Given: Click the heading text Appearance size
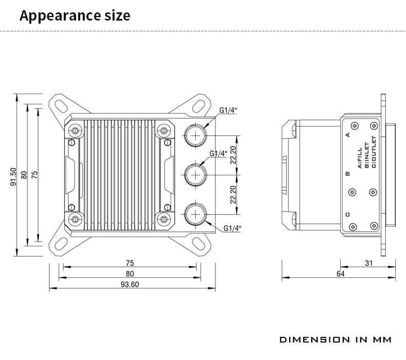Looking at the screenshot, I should point(75,15).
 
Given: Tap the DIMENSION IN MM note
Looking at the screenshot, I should point(336,340).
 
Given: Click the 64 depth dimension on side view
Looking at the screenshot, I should point(340,274).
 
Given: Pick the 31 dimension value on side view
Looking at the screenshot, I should point(368,263).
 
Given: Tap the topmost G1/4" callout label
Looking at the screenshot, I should point(229,110).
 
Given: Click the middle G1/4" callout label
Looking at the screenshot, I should point(218,153).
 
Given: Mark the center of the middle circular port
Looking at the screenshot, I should point(195,175).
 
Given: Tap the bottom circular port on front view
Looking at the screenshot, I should point(195,215).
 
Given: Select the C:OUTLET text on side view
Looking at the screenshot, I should point(374,152).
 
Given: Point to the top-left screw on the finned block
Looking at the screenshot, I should point(76,130).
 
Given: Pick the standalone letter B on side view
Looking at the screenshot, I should point(348,173).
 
